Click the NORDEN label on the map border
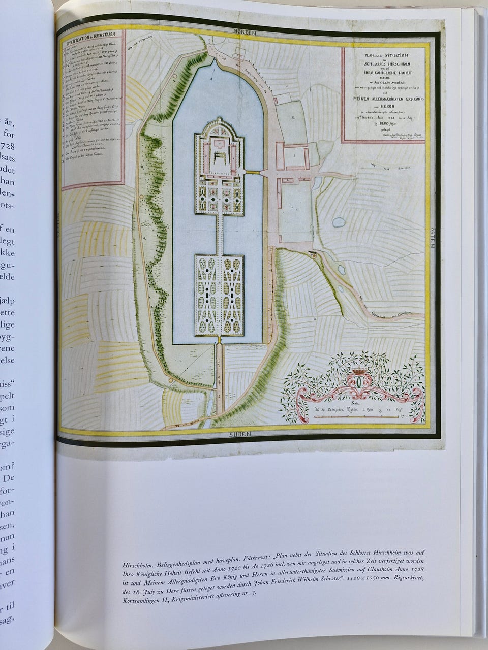click(245, 31)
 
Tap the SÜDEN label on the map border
click(244, 435)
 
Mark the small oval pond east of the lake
click(338, 222)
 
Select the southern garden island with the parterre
click(219, 295)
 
